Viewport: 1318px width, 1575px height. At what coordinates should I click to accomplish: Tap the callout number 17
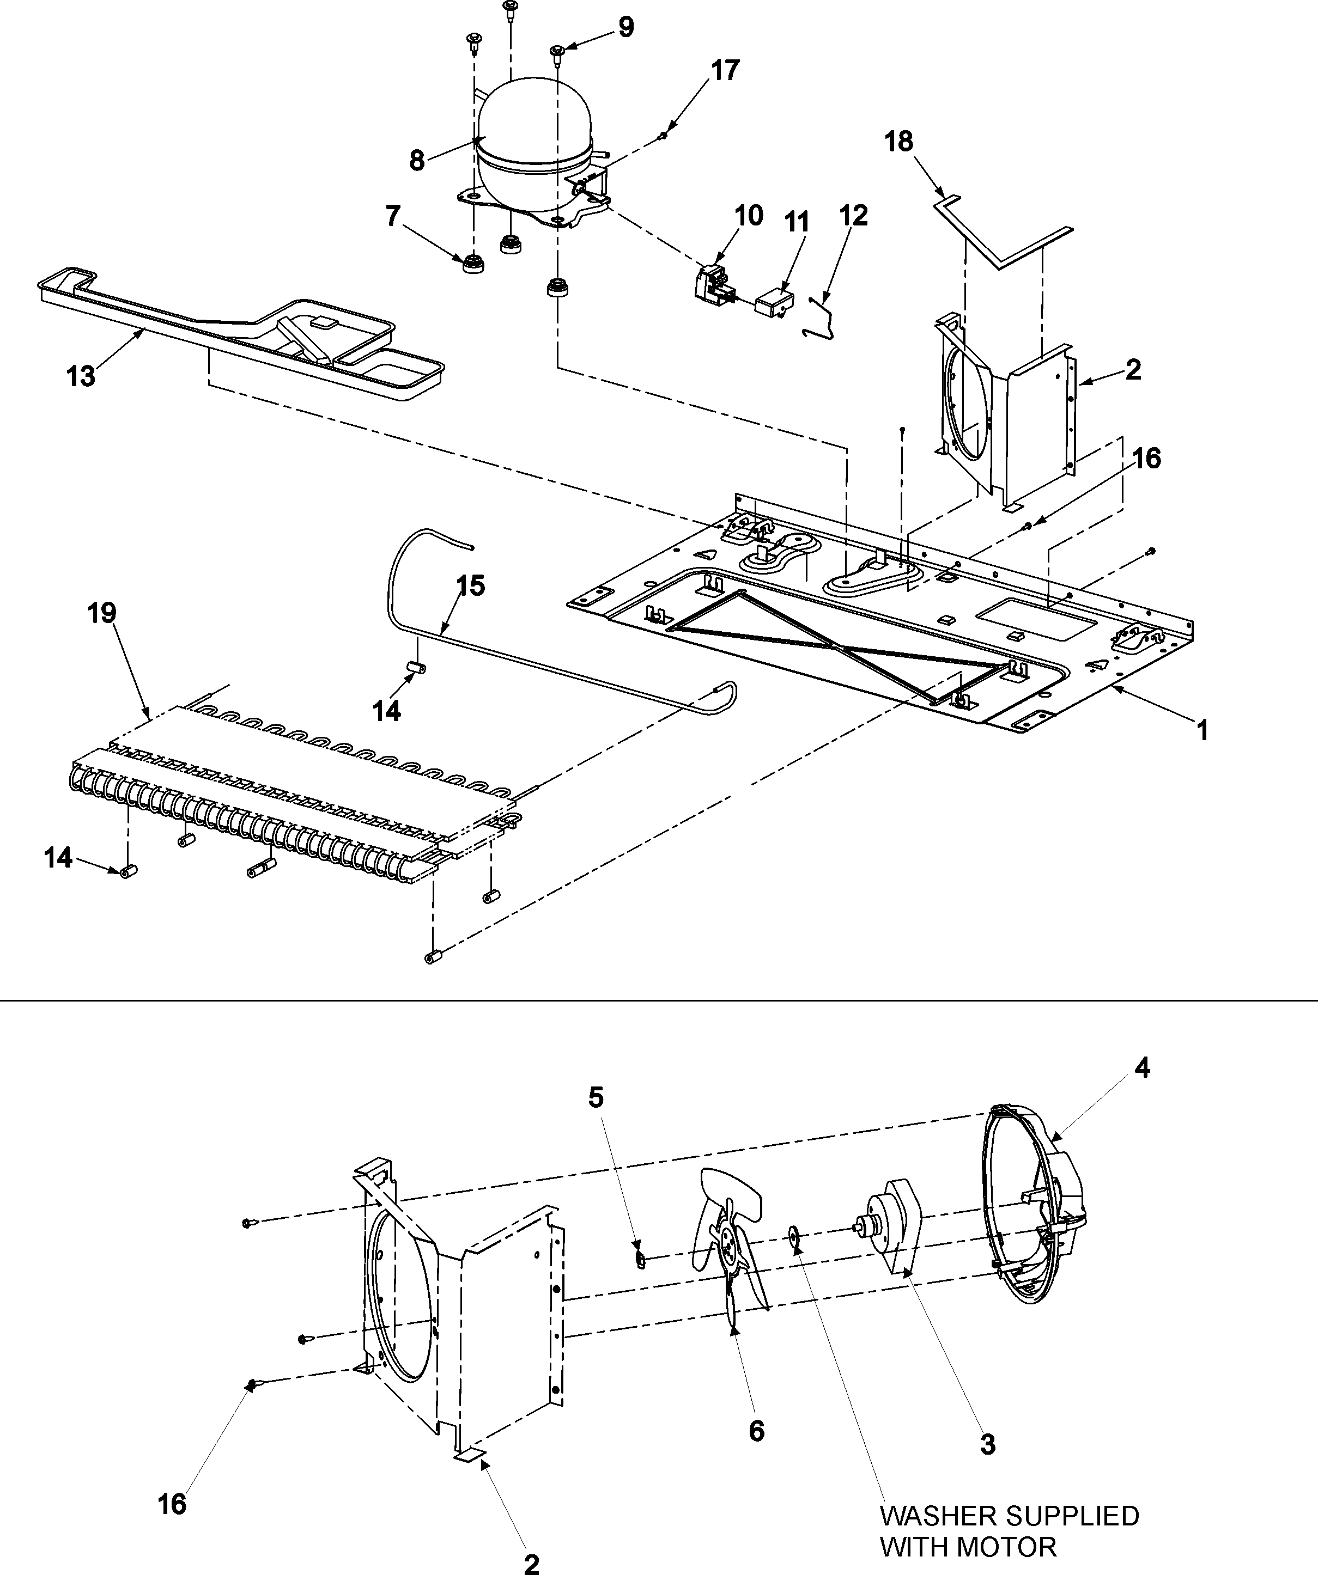click(x=725, y=70)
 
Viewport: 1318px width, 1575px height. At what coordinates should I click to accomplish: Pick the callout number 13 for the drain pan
click(x=81, y=376)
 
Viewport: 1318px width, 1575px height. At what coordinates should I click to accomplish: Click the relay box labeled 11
click(x=775, y=304)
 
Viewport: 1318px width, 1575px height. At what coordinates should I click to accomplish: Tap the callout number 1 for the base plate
click(x=1202, y=730)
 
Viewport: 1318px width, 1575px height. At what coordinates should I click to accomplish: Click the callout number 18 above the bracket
click(x=898, y=141)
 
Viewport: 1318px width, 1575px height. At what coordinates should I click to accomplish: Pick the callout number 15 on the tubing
click(x=470, y=586)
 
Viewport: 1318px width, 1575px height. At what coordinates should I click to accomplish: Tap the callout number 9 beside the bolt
click(x=625, y=28)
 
